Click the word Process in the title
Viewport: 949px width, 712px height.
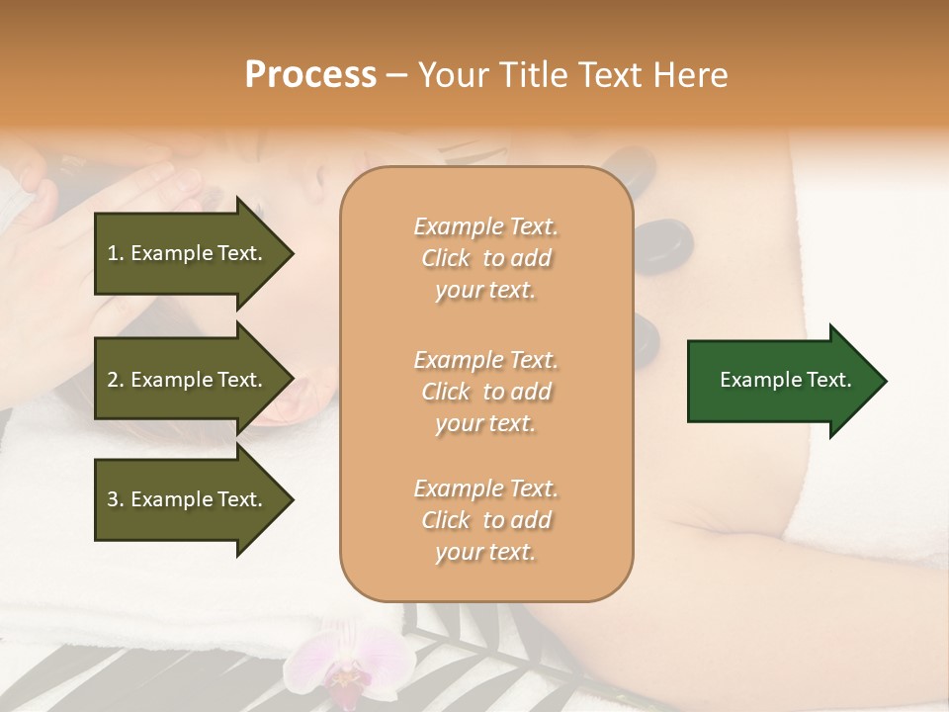tap(310, 75)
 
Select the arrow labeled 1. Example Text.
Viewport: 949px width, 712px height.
tap(188, 253)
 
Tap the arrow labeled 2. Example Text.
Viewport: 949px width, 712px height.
tap(188, 380)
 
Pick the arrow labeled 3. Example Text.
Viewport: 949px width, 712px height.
tap(188, 499)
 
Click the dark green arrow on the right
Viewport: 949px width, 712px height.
tap(781, 380)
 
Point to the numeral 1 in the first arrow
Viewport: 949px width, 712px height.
tap(112, 253)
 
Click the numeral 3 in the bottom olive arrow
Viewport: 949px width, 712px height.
tap(113, 499)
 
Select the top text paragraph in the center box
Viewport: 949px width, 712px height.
tap(485, 258)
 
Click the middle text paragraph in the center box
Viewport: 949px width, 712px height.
tap(485, 392)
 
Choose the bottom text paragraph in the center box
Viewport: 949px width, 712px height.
tap(485, 520)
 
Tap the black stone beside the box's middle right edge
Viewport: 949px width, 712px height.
tap(644, 338)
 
